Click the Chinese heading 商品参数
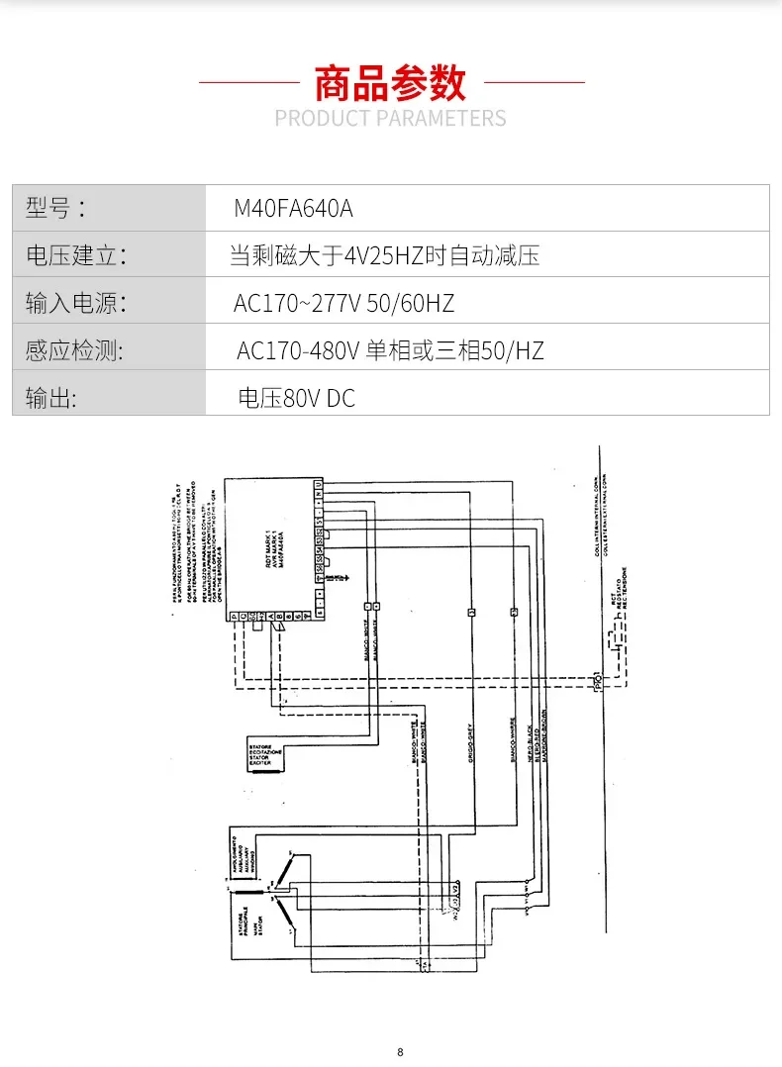[390, 83]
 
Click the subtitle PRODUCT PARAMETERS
[390, 119]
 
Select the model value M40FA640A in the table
[293, 209]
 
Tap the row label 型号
[55, 209]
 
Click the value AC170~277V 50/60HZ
[343, 302]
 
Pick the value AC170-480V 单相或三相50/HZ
[390, 349]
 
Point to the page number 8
[400, 1051]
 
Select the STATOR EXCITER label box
[261, 753]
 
